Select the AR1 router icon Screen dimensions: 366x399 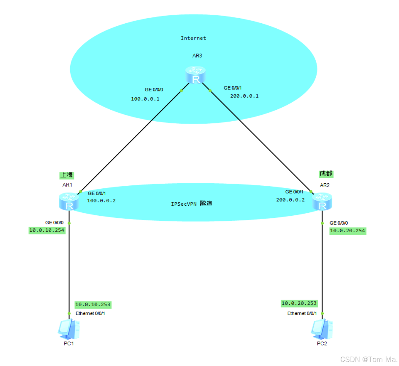[69, 201]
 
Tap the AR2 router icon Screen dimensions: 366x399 [322, 201]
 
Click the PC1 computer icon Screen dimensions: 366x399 [69, 329]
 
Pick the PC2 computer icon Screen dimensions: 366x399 [322, 329]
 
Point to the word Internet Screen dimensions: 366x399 [193, 38]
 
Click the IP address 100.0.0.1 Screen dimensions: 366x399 [145, 99]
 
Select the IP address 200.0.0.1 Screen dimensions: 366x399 [244, 96]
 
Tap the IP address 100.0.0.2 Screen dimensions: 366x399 [101, 201]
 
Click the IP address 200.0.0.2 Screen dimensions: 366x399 [290, 200]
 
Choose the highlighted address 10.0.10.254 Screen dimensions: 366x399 [47, 230]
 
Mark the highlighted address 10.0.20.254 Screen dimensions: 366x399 [347, 231]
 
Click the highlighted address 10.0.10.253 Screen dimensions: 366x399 [92, 305]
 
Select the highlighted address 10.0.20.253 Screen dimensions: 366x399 [299, 303]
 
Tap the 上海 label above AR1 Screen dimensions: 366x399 [66, 175]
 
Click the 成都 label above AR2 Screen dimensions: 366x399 [326, 174]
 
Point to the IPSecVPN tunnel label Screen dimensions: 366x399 [191, 204]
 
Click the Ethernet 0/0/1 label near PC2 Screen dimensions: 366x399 [302, 313]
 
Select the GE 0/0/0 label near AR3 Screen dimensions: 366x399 [154, 90]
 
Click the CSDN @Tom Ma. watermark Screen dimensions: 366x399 [369, 359]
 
